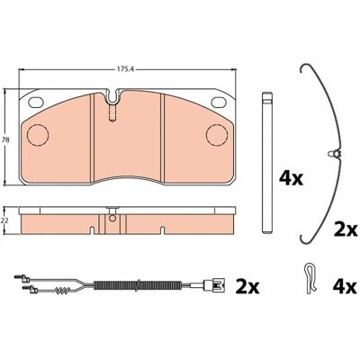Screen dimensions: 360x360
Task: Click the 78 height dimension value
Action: pos(4,139)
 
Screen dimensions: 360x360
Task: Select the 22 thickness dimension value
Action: pos(4,220)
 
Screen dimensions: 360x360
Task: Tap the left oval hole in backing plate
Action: pos(36,103)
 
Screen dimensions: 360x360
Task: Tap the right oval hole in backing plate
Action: pos(219,103)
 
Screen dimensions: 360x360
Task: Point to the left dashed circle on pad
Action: pos(38,135)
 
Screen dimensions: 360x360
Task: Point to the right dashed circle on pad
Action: pos(217,135)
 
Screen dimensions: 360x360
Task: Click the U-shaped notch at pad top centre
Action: pos(112,96)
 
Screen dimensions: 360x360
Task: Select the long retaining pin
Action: pos(267,162)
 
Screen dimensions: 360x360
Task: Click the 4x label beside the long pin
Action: pos(291,178)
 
